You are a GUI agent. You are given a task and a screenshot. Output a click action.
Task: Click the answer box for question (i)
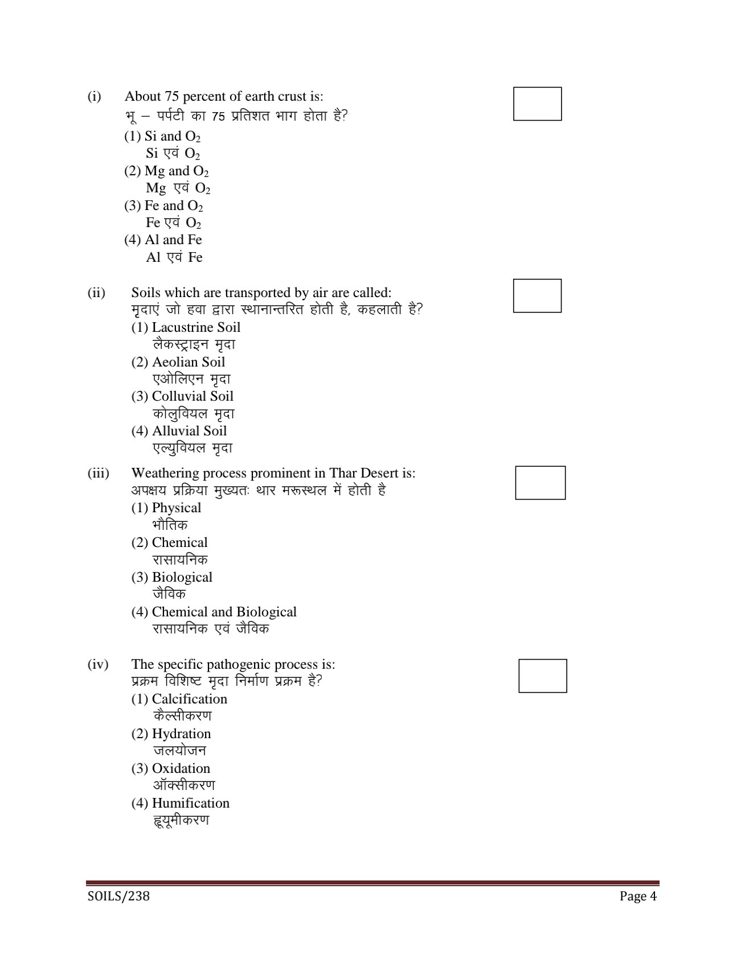537,104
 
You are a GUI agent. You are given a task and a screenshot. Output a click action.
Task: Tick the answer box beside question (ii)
537,295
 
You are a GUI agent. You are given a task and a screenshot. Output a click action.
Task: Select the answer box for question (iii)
540,483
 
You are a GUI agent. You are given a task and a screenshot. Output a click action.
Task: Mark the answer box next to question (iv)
542,676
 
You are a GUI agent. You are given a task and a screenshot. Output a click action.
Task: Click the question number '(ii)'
96,293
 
